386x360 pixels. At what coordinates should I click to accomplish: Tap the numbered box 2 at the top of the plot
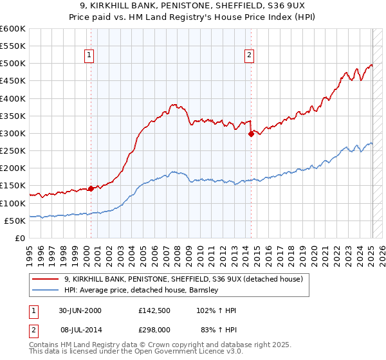[x=249, y=56]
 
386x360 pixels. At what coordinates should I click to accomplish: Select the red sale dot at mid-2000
[x=91, y=188]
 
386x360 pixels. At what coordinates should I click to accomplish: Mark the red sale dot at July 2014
[x=251, y=134]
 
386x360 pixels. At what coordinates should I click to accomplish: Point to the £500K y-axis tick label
[x=13, y=64]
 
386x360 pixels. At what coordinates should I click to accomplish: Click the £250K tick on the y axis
[x=13, y=151]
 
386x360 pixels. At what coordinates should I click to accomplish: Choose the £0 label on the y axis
[x=19, y=239]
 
